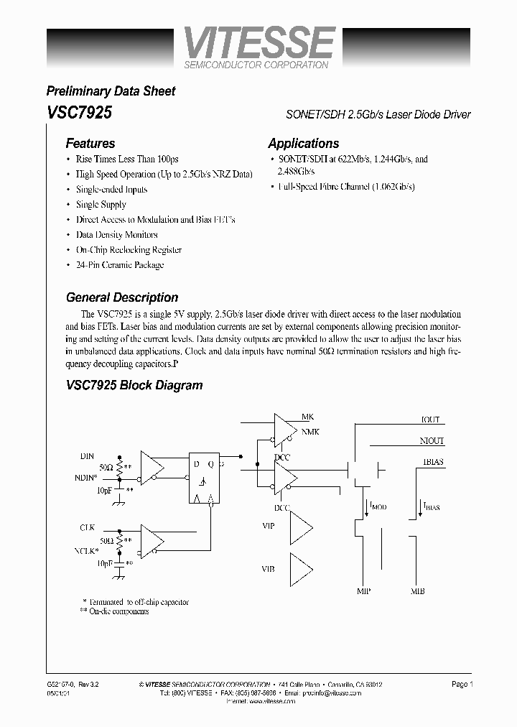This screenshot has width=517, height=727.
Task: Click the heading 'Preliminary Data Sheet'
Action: tap(111, 91)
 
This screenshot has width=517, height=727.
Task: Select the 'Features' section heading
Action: tap(90, 143)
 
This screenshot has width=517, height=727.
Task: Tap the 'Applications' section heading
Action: tap(303, 143)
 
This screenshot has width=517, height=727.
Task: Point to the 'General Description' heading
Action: tap(122, 297)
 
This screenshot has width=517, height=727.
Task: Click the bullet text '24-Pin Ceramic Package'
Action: tap(120, 265)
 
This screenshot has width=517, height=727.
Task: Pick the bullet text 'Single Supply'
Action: tap(101, 205)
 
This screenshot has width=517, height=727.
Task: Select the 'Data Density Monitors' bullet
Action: tap(116, 235)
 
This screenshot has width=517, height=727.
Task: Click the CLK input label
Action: tap(88, 528)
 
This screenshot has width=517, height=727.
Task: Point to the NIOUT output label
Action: tap(432, 441)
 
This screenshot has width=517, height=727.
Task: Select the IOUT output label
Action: tap(430, 420)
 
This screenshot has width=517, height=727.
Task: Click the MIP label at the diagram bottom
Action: tap(363, 592)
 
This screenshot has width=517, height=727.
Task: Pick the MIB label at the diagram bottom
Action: tap(417, 592)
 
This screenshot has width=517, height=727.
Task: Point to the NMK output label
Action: tap(310, 431)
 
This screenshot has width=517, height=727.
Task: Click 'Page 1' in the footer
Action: tap(461, 685)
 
